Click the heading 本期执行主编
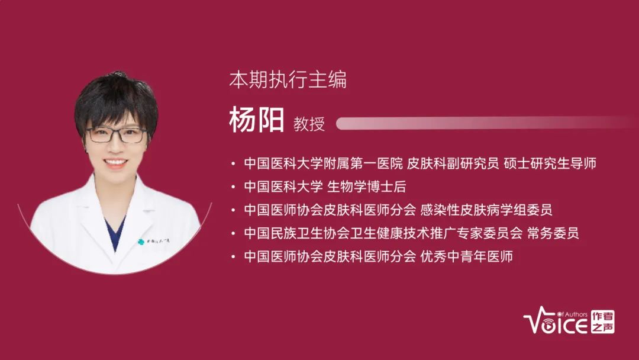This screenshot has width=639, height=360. click(288, 79)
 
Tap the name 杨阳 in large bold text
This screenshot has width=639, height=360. click(256, 120)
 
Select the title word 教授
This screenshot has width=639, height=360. click(309, 124)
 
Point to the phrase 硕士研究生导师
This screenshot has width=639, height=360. click(550, 163)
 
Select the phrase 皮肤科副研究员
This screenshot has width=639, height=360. click(453, 163)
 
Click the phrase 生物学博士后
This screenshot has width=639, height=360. click(367, 187)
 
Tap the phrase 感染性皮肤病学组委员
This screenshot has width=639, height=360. click(486, 210)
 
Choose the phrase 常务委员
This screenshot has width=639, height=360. click(553, 233)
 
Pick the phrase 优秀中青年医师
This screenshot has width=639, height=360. click(467, 256)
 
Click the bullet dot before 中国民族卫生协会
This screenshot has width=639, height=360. click(233, 234)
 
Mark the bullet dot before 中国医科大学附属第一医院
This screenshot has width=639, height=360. click(233, 164)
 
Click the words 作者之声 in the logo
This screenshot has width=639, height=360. click(603, 322)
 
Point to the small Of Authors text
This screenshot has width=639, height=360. click(572, 314)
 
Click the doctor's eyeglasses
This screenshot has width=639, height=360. click(117, 135)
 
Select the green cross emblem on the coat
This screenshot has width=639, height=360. click(141, 242)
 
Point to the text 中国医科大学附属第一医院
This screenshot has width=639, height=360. click(323, 163)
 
